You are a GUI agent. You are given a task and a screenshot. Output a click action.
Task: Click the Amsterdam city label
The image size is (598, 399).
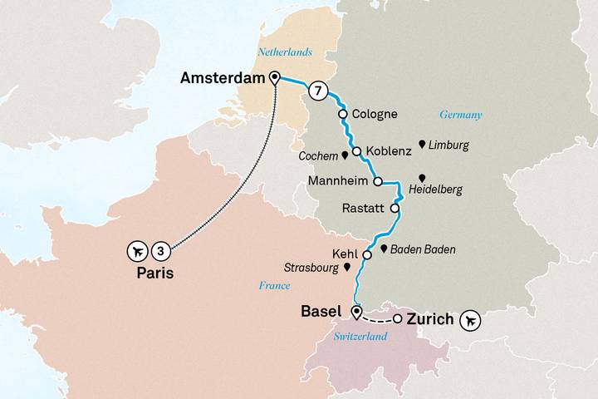tap(222, 77)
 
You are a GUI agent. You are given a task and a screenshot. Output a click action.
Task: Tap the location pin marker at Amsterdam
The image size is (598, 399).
tap(275, 78)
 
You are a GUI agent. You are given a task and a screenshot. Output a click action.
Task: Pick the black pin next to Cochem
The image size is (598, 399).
tap(345, 155)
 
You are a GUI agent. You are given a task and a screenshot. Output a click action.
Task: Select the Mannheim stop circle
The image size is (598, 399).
tap(377, 181)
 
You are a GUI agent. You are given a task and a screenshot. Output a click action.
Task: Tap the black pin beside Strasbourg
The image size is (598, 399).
tap(346, 268)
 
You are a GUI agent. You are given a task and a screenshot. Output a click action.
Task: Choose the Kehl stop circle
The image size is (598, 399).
tap(366, 255)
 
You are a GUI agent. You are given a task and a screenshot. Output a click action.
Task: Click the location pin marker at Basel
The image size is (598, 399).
tap(357, 313)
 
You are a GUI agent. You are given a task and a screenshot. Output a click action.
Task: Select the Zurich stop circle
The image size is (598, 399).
tap(398, 319)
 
